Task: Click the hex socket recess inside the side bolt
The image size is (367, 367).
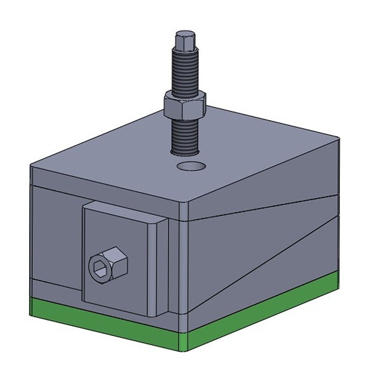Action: pyautogui.click(x=100, y=267)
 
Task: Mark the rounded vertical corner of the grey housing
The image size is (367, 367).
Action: pyautogui.click(x=183, y=266)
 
